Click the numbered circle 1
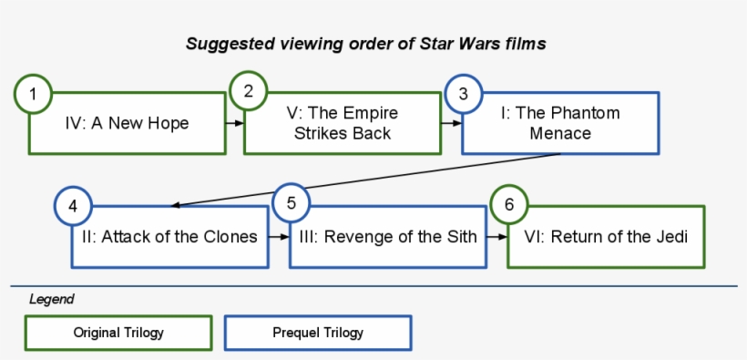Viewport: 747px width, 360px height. [x=34, y=94]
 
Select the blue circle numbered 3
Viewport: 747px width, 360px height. [x=464, y=93]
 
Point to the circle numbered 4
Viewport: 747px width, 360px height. [x=74, y=206]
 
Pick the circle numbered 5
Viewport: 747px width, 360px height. [x=292, y=202]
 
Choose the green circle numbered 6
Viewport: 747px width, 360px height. [x=509, y=204]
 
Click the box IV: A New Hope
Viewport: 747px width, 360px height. [x=128, y=123]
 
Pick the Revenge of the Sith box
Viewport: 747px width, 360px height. [x=388, y=237]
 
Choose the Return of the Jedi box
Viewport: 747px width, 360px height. [x=606, y=237]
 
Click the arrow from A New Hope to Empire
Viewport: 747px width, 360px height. [x=234, y=122]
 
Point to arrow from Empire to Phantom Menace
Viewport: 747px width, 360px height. [x=451, y=122]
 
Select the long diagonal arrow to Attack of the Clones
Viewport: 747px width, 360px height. [x=364, y=180]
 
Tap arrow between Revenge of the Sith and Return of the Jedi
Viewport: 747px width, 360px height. [x=496, y=236]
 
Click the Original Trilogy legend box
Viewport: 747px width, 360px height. [x=119, y=333]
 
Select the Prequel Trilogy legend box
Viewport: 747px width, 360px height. [x=318, y=333]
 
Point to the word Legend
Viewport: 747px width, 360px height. [x=52, y=299]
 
